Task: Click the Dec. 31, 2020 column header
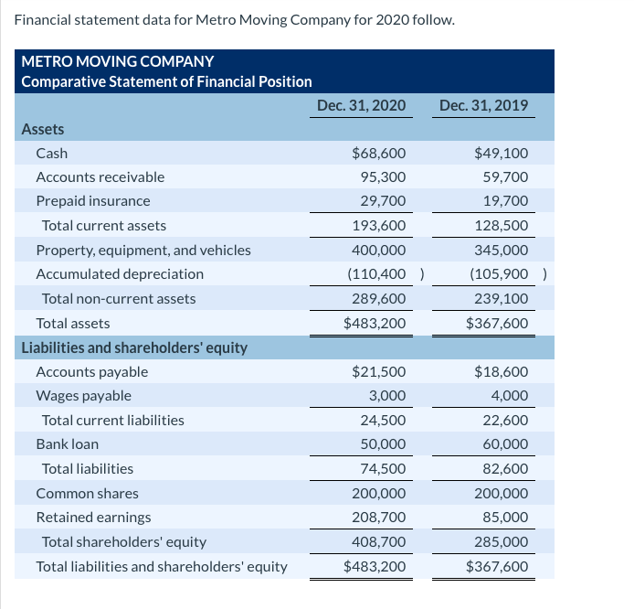(x=361, y=105)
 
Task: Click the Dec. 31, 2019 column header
(x=483, y=105)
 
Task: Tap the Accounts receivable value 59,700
(x=503, y=176)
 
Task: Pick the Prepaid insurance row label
(x=93, y=200)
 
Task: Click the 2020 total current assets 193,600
(x=379, y=225)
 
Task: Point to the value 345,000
(x=503, y=250)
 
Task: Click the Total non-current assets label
(x=119, y=298)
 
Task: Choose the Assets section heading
(x=42, y=129)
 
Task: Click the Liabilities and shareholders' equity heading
(x=134, y=347)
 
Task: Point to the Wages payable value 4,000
(x=509, y=396)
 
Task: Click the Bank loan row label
(x=67, y=443)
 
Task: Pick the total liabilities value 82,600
(x=503, y=468)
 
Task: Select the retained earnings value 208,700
(x=379, y=517)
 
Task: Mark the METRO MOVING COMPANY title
(x=118, y=61)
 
